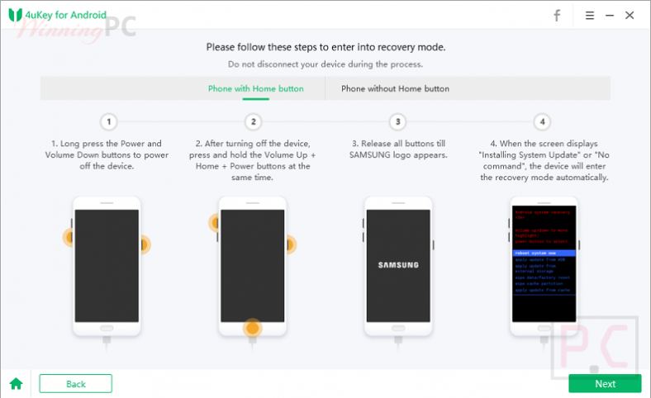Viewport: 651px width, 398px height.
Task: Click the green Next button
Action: [x=604, y=383]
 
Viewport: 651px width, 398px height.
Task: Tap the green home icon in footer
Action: [x=15, y=383]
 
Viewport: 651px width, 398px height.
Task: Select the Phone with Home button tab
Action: [x=255, y=88]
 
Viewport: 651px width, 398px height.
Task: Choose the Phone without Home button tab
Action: [x=395, y=88]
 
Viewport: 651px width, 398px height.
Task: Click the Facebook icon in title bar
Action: [x=557, y=15]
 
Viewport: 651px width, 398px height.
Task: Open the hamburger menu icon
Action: [x=590, y=15]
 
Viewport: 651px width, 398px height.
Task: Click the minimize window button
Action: [x=609, y=15]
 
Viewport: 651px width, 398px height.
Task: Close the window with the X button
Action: [x=630, y=15]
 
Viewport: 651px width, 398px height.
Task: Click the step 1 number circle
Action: [x=109, y=122]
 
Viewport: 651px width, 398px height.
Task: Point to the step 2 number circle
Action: [x=254, y=122]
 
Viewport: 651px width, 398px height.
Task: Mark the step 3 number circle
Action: [x=398, y=122]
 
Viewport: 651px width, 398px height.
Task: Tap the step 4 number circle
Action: [x=542, y=122]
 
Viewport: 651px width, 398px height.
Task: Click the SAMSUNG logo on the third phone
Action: [x=398, y=265]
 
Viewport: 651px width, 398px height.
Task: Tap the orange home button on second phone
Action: [x=253, y=328]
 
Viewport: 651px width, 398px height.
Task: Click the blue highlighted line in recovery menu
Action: [x=542, y=253]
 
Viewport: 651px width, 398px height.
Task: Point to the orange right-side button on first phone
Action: [x=143, y=244]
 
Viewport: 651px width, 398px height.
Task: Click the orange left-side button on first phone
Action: [x=69, y=239]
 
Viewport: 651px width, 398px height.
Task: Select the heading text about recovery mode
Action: [x=325, y=47]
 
